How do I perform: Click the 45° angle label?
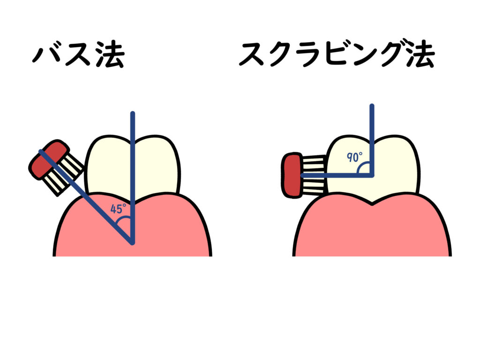119,209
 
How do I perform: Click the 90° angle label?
353,157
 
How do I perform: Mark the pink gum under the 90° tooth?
375,230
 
